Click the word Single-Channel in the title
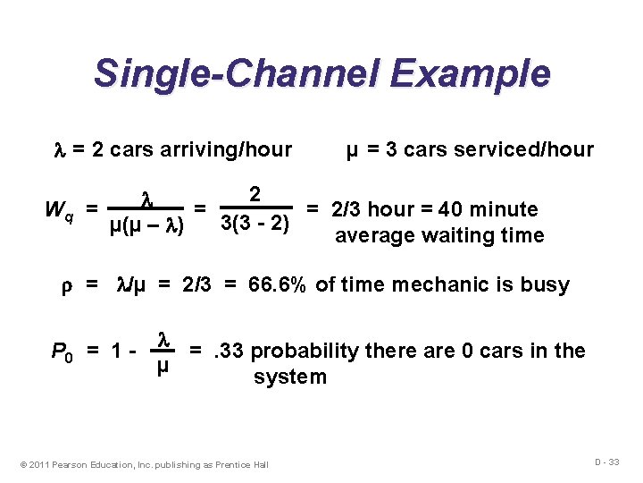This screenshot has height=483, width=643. click(x=226, y=73)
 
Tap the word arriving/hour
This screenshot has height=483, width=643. click(x=231, y=149)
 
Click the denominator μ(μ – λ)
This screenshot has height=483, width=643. click(x=146, y=226)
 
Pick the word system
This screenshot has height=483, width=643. click(x=290, y=377)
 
